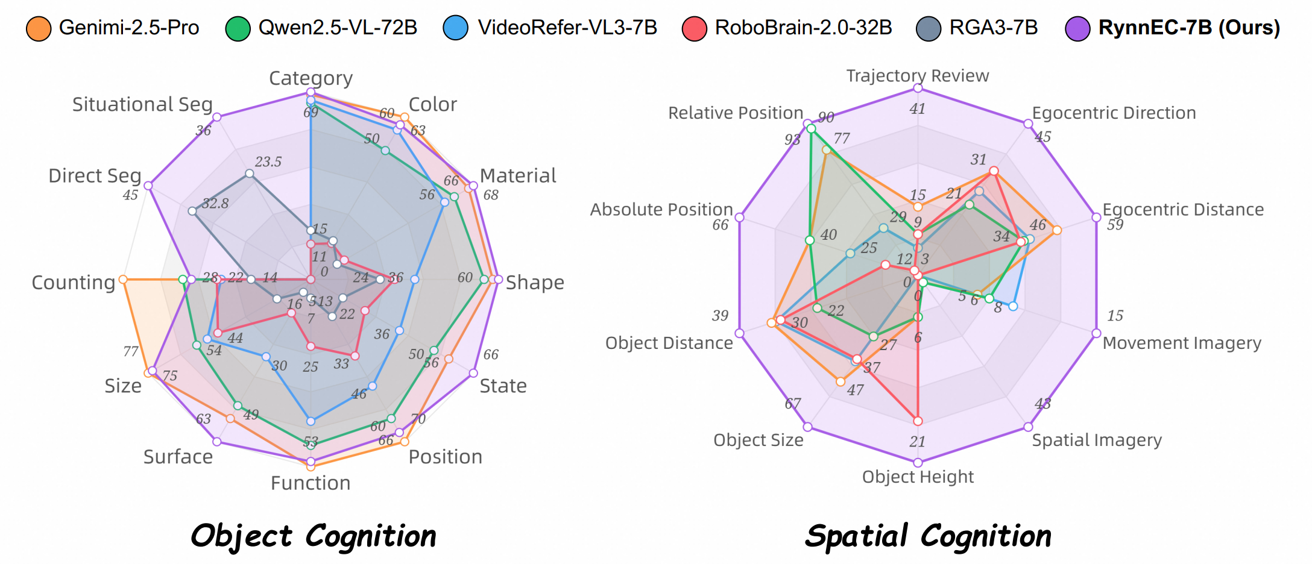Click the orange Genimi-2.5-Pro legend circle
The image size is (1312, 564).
(x=38, y=28)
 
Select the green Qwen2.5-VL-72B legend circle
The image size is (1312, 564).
(x=238, y=28)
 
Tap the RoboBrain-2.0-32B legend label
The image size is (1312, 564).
(x=803, y=28)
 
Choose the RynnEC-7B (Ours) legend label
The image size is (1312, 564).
(x=1188, y=28)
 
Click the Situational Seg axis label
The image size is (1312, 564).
(x=142, y=105)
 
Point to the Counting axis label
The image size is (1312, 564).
(x=73, y=283)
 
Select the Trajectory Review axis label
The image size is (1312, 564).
(x=917, y=76)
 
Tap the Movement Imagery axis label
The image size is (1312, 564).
(x=1181, y=343)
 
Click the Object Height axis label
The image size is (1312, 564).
(x=917, y=477)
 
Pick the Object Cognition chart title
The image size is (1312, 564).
(x=313, y=536)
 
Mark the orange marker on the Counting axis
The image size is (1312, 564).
(x=123, y=280)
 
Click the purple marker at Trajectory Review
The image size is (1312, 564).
(x=918, y=88)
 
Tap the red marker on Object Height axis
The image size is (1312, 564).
(x=918, y=421)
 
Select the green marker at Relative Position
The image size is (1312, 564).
(x=811, y=129)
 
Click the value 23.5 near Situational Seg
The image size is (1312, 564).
(x=268, y=162)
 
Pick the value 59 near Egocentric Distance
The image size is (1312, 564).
(x=1115, y=225)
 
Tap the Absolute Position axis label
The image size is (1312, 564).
(x=661, y=210)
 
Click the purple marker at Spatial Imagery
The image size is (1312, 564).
(x=1028, y=427)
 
